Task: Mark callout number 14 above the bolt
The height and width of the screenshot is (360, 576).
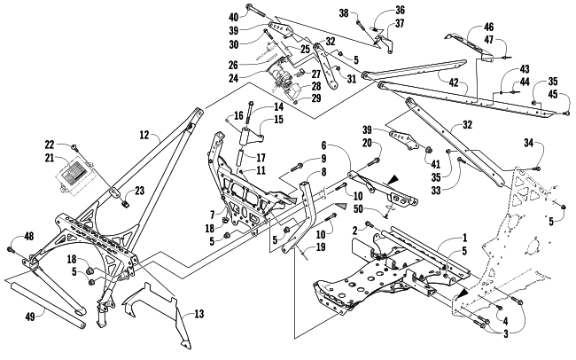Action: (x=254, y=106)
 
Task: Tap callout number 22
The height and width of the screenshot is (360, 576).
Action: (x=49, y=144)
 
